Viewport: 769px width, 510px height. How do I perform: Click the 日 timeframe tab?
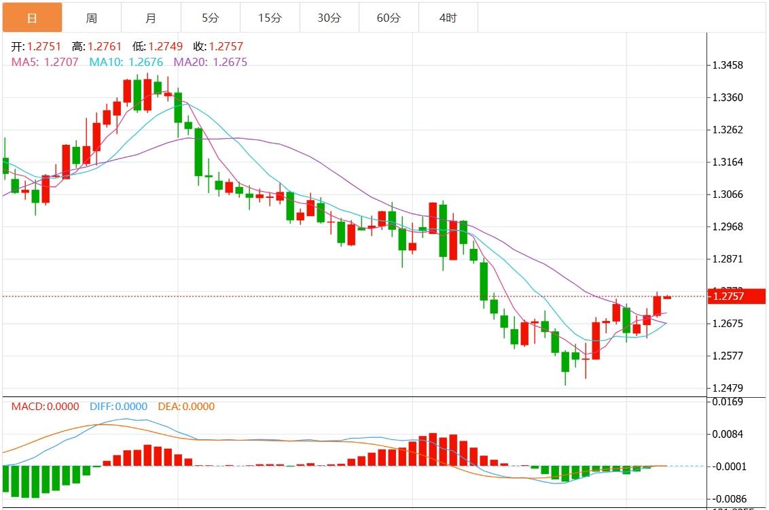coord(32,18)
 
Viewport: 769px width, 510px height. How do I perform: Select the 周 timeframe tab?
coord(92,18)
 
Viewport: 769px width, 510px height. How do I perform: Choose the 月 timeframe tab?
coord(151,18)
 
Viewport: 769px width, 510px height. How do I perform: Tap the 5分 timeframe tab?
coord(210,18)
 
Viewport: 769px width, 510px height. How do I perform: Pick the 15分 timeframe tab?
coord(270,18)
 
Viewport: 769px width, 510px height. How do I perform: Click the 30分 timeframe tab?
coord(329,18)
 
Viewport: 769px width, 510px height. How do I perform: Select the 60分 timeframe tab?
coord(389,18)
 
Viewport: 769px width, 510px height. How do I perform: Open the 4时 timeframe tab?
coord(448,18)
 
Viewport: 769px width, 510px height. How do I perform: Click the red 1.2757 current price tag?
coord(736,296)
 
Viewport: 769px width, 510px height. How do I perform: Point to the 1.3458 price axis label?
coord(727,65)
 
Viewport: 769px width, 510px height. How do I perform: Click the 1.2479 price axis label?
coord(727,388)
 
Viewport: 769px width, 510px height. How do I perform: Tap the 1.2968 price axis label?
coord(727,226)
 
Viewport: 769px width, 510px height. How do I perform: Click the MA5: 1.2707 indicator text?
coord(45,62)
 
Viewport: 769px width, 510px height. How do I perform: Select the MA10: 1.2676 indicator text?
coord(126,62)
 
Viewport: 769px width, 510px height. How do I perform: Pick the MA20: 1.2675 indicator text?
coord(211,62)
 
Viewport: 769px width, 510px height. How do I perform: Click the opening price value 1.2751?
coord(44,47)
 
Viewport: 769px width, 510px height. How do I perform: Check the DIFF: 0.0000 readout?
coord(118,407)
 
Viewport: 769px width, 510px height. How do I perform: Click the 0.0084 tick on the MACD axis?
coord(727,434)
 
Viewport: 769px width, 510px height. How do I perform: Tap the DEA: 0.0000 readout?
coord(186,407)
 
